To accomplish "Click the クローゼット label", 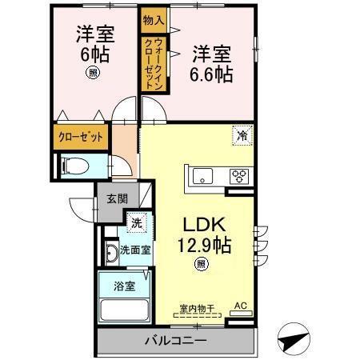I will (81, 137).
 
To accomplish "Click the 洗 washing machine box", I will (136, 223).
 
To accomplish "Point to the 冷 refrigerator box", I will (241, 135).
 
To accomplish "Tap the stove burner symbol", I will (240, 174).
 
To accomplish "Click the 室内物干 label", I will (197, 307).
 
